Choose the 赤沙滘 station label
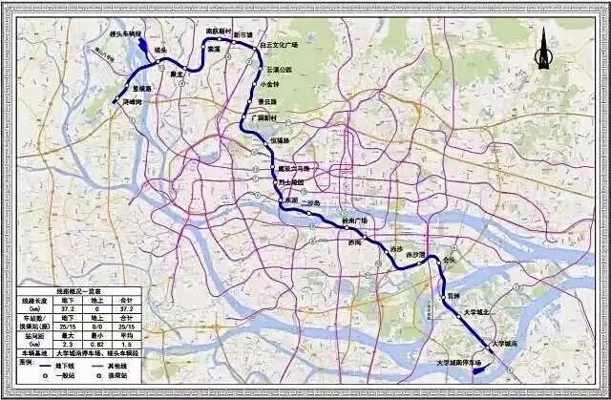coord(411,255)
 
